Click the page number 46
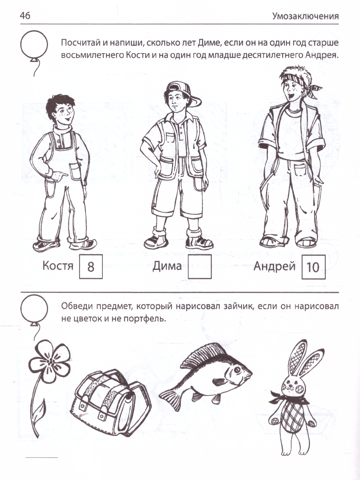point(25,16)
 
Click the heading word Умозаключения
point(305,16)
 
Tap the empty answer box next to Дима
point(200,267)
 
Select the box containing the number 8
point(91,267)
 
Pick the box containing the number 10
point(314,267)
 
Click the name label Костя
point(58,266)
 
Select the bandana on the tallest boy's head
point(302,83)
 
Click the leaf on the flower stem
point(40,408)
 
